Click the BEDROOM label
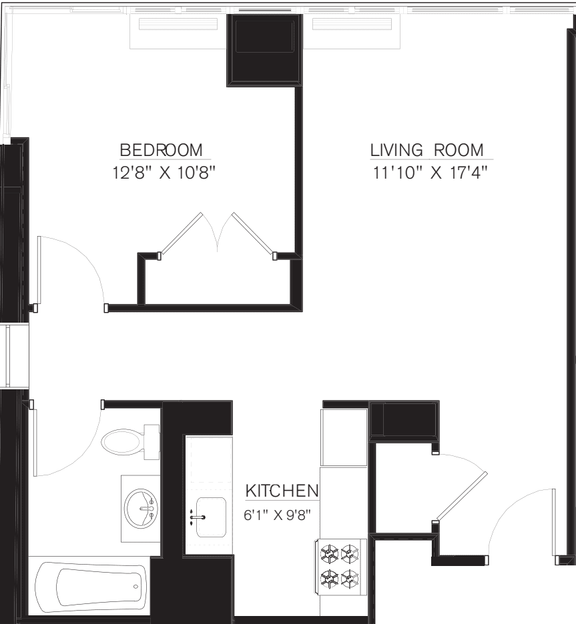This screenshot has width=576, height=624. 161,149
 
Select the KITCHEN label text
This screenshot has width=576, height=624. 282,491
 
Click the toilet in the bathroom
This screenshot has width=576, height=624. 127,440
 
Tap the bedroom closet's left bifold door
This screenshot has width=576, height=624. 181,234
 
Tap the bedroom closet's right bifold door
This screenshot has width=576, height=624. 253,234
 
